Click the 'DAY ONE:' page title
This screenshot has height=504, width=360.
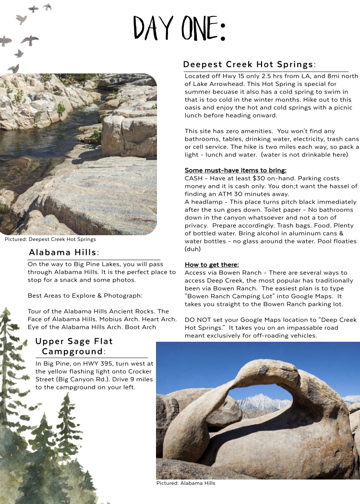click(179, 29)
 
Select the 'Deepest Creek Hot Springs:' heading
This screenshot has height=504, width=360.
click(249, 64)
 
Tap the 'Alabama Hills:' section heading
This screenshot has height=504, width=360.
click(64, 252)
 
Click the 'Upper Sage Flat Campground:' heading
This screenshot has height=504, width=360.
click(74, 346)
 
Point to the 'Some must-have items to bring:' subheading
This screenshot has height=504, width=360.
click(235, 170)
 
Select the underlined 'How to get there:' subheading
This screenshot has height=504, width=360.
click(212, 264)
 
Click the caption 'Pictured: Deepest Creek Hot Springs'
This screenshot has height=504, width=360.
click(50, 239)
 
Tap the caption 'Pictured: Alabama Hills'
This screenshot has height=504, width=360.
click(186, 483)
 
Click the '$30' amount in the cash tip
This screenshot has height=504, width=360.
click(262, 178)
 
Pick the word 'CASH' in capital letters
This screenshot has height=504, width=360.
click(194, 178)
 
